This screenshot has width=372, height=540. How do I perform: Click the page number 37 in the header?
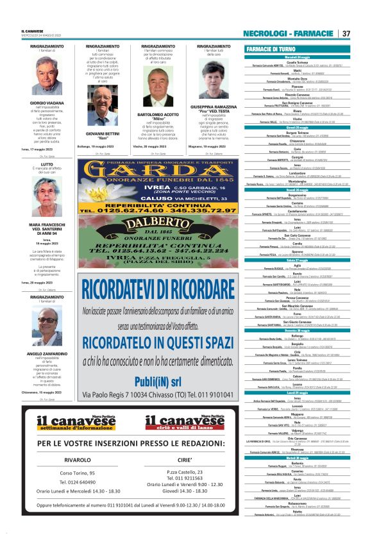(x=346, y=33)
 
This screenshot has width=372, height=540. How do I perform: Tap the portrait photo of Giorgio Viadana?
(x=46, y=78)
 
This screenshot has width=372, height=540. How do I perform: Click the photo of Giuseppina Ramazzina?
(x=214, y=78)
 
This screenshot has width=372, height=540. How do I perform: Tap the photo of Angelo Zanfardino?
(x=46, y=328)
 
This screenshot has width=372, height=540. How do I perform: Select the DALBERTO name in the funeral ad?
(x=158, y=221)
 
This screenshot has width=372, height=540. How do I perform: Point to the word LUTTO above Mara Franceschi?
(x=46, y=164)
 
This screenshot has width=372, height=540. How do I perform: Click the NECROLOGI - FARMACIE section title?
(x=288, y=33)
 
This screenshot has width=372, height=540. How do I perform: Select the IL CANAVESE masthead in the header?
(x=32, y=30)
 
